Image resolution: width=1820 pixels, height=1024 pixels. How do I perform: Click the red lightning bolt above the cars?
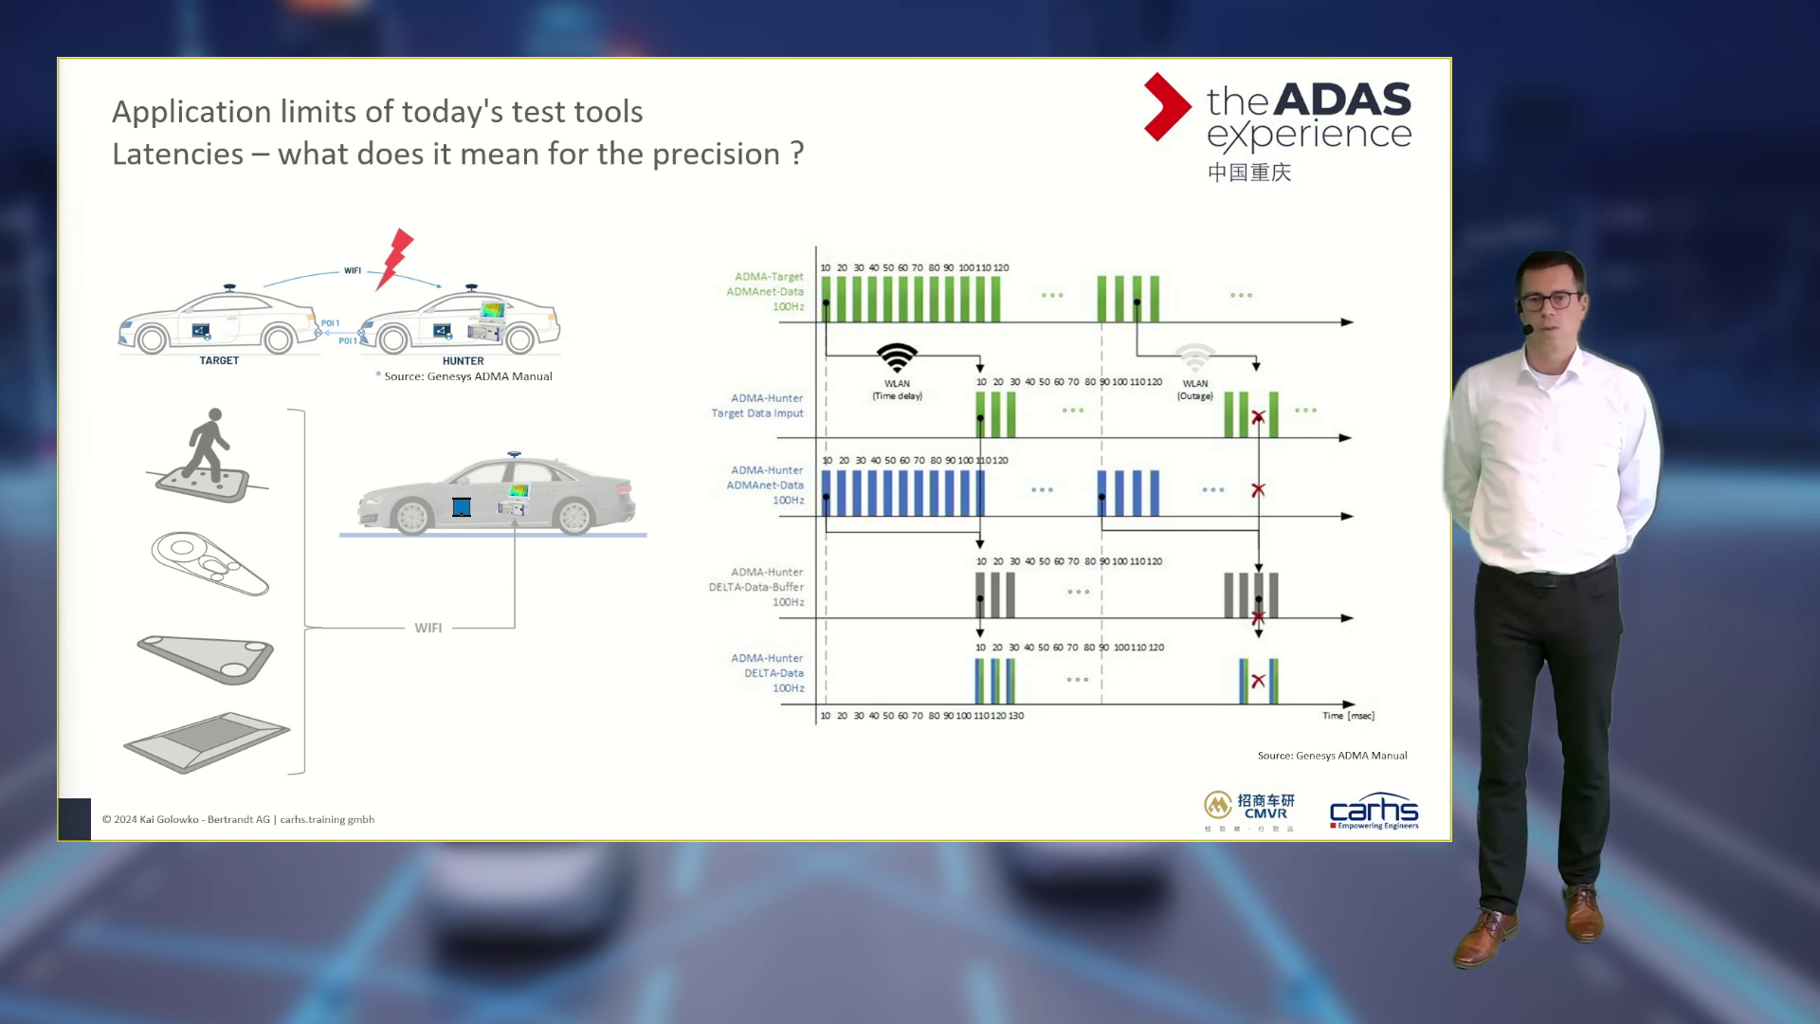(395, 258)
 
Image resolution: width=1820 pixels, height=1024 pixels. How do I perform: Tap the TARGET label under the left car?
(219, 360)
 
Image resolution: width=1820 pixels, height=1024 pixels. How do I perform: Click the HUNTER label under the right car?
(463, 361)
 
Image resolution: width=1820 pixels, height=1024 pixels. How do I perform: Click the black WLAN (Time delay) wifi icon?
(897, 357)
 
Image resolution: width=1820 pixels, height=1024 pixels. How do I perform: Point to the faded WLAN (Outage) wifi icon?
(1195, 358)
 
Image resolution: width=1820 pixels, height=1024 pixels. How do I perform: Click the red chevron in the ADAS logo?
(1166, 107)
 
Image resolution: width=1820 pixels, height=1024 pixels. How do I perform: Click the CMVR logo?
(1249, 807)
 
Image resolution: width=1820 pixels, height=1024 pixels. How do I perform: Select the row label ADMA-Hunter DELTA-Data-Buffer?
(757, 587)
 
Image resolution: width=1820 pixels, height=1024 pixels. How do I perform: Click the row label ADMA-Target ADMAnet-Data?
(766, 291)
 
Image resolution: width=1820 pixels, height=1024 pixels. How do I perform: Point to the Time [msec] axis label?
(1348, 716)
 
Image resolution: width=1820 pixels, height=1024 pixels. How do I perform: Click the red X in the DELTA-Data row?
(1258, 681)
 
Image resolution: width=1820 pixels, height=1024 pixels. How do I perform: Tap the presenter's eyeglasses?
(1553, 301)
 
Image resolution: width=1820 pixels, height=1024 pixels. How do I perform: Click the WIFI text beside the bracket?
(428, 628)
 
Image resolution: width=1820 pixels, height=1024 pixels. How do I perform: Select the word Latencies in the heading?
(177, 154)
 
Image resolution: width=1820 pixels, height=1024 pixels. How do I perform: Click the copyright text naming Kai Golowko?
(238, 819)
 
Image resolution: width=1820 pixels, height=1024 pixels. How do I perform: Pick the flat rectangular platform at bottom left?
(206, 741)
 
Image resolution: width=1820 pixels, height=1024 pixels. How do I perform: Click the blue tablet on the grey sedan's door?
(462, 507)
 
